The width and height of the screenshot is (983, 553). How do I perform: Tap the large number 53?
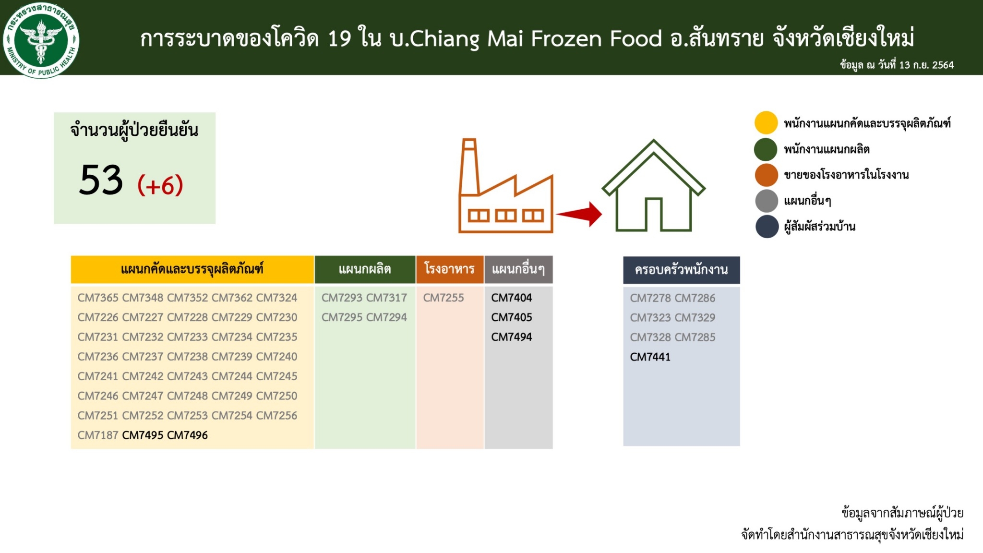101,180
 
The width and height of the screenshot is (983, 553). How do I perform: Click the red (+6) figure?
160,185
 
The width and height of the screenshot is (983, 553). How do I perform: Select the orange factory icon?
506,186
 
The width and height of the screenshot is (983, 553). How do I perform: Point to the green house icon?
653,185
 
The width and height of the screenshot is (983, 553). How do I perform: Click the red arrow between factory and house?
579,214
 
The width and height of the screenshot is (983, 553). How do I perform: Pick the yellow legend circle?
766,123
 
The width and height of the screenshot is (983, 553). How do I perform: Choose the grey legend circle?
767,201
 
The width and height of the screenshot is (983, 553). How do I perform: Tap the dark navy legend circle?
767,227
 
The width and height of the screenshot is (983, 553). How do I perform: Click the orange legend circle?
766,175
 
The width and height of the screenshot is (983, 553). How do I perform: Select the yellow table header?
192,269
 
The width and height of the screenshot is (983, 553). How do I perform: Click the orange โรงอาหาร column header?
450,269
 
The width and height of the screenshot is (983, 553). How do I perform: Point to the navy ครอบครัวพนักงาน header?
682,270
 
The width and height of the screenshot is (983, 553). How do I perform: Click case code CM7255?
444,298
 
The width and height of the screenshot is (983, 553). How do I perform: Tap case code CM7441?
650,357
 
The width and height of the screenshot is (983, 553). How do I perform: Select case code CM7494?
512,337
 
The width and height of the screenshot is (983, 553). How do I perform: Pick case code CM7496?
188,435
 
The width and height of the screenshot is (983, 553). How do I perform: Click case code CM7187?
98,435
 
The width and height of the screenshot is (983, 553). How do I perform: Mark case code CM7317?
387,298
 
